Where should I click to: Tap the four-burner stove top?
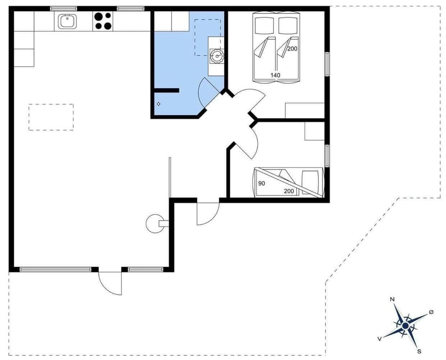point(103,21)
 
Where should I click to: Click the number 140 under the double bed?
point(275,75)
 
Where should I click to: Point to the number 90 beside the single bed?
point(262,183)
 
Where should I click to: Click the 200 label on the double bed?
point(292,49)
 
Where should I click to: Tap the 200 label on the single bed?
point(289,191)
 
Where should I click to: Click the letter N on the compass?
point(392,300)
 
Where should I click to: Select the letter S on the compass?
point(419,352)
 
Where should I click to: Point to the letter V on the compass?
point(380,339)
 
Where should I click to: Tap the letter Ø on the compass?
point(431,312)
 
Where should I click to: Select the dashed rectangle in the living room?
point(51,117)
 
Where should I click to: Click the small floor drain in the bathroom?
point(159,104)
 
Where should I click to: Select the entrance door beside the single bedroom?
point(208,214)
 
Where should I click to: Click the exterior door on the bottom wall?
point(111,282)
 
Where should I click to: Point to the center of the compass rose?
point(405,326)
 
